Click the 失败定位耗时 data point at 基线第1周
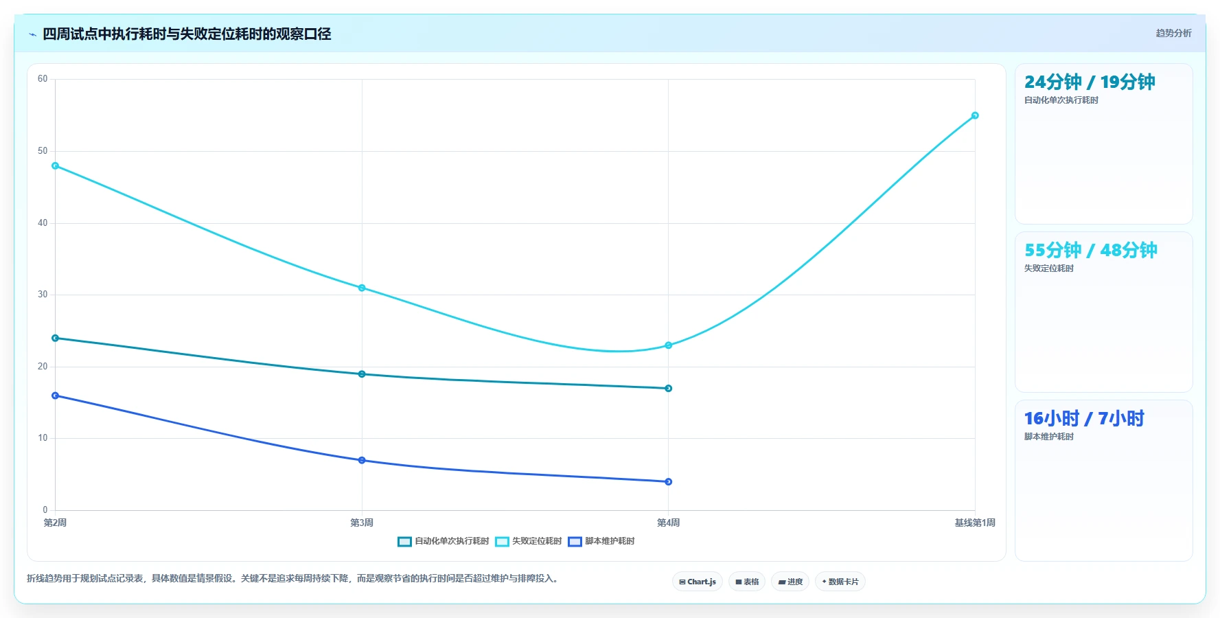click(x=975, y=115)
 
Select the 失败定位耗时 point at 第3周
click(x=362, y=288)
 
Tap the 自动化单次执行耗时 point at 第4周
click(x=668, y=389)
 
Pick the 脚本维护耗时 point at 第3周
click(x=362, y=460)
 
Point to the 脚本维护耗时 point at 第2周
click(x=56, y=396)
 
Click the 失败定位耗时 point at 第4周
click(x=668, y=345)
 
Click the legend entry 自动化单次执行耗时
click(x=444, y=541)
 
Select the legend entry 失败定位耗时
click(x=529, y=541)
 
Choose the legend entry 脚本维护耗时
click(x=601, y=541)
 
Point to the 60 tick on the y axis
click(x=43, y=79)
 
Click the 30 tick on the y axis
click(x=43, y=295)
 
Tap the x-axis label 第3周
click(x=362, y=523)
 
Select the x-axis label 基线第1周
click(x=975, y=523)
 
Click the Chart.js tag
click(x=698, y=582)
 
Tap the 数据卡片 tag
click(x=840, y=582)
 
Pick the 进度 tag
click(x=790, y=582)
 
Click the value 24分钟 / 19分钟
click(x=1090, y=82)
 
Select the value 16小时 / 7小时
click(x=1084, y=418)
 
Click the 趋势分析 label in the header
click(x=1173, y=33)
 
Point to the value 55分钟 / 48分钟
click(x=1091, y=250)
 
